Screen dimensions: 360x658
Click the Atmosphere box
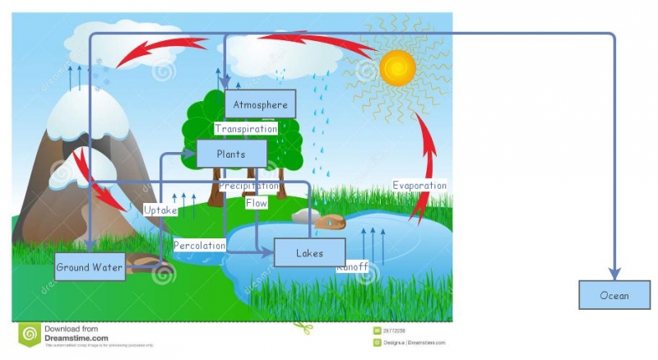point(260,104)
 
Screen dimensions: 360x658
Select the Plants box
point(231,154)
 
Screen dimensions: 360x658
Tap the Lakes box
point(309,252)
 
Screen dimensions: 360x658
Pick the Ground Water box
point(90,267)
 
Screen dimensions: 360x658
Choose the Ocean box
point(614,295)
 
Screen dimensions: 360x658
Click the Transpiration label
point(246,128)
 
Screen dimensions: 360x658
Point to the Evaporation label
point(419,185)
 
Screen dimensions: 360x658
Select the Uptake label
point(160,210)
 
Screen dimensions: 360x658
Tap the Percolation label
point(199,245)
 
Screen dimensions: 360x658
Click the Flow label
point(256,202)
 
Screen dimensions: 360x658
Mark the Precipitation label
point(248,186)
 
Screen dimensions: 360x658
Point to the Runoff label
point(353,266)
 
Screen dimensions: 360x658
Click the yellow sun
point(397,66)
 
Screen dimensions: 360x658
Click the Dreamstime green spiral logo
point(30,334)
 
